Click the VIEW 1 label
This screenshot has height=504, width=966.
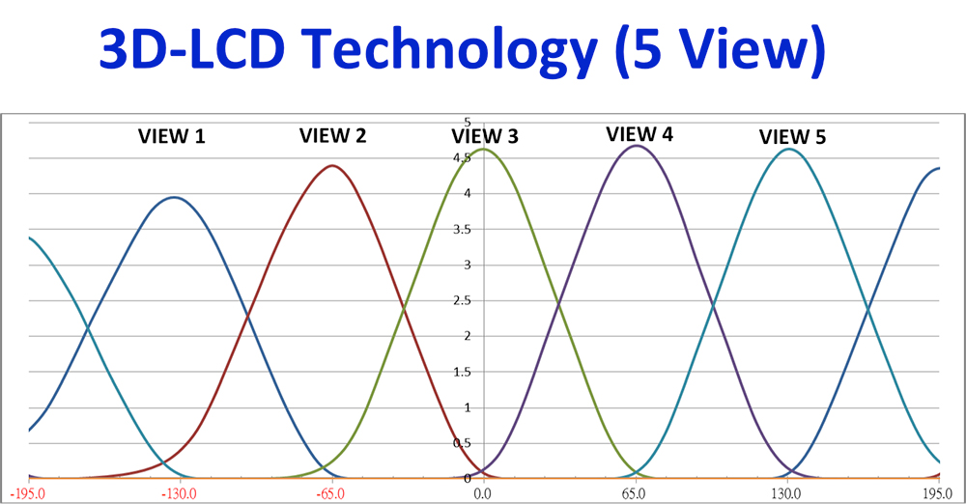pos(171,136)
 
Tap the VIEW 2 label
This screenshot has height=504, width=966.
pos(332,135)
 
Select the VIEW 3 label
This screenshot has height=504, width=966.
pos(485,136)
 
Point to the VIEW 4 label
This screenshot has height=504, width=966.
pos(639,134)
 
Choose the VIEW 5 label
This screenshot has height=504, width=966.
pos(792,137)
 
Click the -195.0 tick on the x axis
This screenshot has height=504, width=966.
pos(27,493)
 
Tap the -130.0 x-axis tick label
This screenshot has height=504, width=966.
pos(180,493)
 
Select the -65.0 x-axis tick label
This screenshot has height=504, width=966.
pos(330,493)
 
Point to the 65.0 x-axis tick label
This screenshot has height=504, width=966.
pos(634,493)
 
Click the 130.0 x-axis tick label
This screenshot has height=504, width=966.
pos(786,493)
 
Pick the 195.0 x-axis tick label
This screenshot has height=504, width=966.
pos(937,493)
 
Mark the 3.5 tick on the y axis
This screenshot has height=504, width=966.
pos(462,230)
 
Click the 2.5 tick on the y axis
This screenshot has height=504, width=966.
pos(462,301)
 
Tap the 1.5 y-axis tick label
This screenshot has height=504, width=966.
pos(462,372)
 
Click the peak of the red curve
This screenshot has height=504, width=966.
pos(332,165)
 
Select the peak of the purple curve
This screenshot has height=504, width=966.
pos(637,146)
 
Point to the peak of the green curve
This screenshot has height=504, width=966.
pos(484,149)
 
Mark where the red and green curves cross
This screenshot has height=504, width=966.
pos(404,308)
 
